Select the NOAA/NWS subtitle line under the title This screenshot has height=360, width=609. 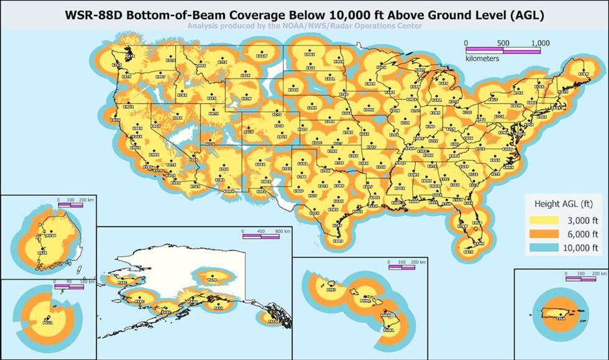pyautogui.click(x=304, y=26)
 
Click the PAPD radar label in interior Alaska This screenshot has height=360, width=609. pyautogui.click(x=212, y=279)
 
